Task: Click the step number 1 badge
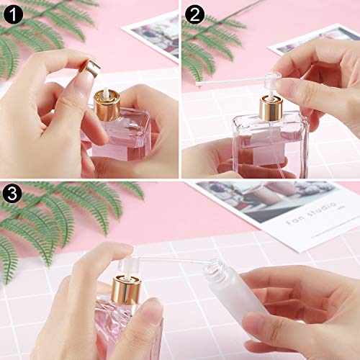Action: [13, 13]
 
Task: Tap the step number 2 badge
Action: [194, 13]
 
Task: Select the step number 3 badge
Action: [13, 193]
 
